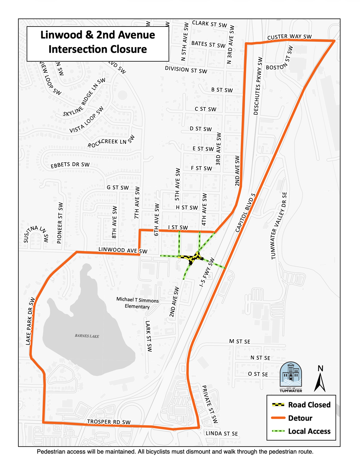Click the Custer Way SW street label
[289, 37]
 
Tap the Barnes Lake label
[87, 336]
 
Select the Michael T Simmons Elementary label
[137, 303]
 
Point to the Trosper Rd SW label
[109, 422]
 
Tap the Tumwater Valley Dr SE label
[279, 226]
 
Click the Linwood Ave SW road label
[123, 250]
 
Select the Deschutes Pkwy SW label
[258, 86]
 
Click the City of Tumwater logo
[291, 377]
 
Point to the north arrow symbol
[320, 379]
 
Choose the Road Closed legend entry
[301, 405]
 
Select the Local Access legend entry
[301, 431]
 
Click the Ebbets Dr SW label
[70, 165]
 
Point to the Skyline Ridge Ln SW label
[84, 97]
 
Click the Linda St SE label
[222, 434]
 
